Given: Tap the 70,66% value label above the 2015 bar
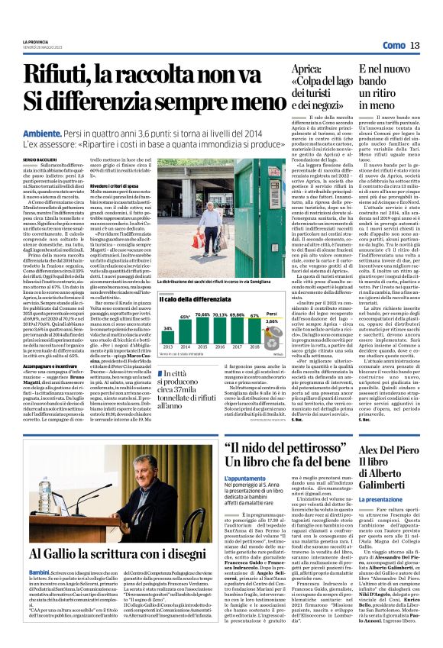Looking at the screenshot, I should pyautogui.click(x=202, y=314).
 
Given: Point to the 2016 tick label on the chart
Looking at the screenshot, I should pyautogui.click(x=220, y=346).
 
